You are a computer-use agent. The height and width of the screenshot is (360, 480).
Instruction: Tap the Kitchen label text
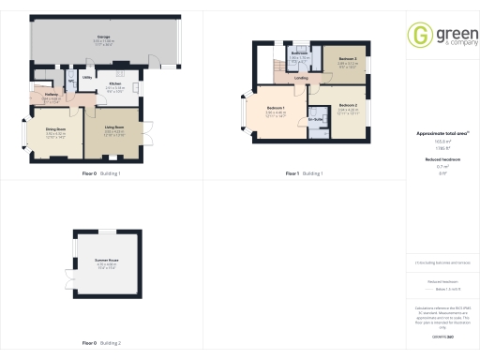click(114, 83)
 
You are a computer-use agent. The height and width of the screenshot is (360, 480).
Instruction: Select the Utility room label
click(86, 78)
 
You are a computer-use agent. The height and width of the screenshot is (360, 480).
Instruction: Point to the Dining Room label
click(56, 130)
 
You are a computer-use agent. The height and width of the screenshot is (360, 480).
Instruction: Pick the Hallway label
click(52, 96)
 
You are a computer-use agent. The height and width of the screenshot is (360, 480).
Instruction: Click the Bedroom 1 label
click(276, 110)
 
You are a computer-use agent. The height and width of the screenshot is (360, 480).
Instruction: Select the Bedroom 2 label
click(347, 105)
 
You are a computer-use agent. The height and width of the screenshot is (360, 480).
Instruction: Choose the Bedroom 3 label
click(347, 59)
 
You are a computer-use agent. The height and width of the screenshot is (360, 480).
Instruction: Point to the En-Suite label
click(316, 118)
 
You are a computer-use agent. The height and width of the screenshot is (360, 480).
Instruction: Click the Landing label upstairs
click(301, 79)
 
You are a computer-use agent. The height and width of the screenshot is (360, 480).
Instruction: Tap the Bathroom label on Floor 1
click(299, 52)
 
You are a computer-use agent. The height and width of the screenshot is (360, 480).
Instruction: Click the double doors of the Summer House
click(72, 260)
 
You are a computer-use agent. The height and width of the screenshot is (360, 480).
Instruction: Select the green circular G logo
click(418, 35)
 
